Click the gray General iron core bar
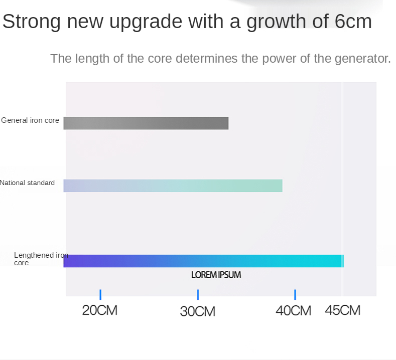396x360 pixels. coord(146,123)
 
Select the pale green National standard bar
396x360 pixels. coord(173,186)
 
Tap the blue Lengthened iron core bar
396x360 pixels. coord(203,261)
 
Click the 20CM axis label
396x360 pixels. coord(100,310)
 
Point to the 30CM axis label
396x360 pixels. coord(197,311)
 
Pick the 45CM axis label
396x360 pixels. coord(343,310)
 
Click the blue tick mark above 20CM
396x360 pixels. coord(100,295)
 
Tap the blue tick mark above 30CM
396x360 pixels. coord(198,295)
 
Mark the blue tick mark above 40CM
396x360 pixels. coord(295,295)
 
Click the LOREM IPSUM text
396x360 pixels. coord(216,275)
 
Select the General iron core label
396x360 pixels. coord(30,120)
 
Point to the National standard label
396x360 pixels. coord(27,183)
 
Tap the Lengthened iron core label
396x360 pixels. coord(40,259)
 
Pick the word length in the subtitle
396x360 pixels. coord(92,59)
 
